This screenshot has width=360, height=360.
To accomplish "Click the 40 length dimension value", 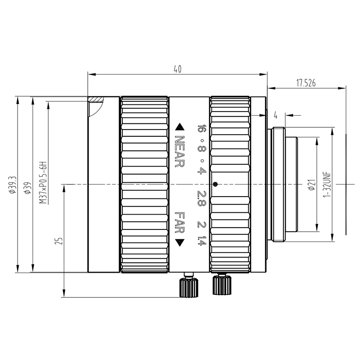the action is click(177, 69).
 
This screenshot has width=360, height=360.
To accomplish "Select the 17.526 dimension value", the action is click(306, 83).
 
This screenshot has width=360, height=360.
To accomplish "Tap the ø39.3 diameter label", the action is click(12, 185).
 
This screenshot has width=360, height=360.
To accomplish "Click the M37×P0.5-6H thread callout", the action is click(43, 183).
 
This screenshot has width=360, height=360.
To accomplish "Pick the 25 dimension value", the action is click(58, 241).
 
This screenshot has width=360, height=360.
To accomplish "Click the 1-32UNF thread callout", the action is click(327, 184).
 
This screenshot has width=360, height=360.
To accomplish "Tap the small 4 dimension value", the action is click(275, 115).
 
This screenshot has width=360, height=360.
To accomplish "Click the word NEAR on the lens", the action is click(180, 151).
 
